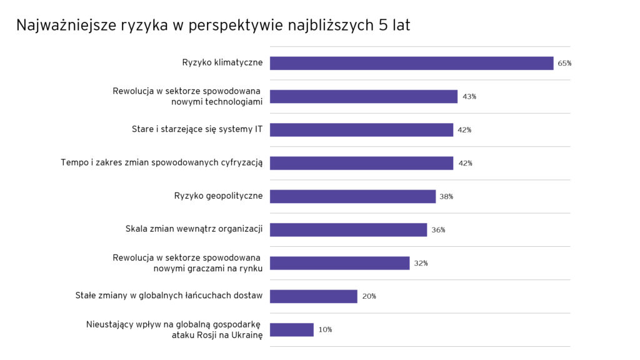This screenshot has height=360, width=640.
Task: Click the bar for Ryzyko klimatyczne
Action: [411, 63]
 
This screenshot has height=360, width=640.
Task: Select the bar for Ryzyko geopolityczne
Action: [352, 196]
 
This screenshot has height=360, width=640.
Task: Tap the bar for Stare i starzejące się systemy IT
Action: [361, 130]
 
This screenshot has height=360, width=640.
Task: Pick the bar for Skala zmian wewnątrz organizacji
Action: [348, 230]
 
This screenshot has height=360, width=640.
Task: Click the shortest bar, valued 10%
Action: [291, 329]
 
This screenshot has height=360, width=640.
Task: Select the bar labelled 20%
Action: [313, 296]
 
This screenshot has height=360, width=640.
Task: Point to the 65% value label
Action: [564, 63]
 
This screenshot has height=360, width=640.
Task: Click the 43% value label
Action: [469, 97]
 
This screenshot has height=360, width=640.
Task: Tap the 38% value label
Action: [446, 196]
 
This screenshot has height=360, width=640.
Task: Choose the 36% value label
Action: [438, 230]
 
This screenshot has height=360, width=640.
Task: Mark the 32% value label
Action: [421, 263]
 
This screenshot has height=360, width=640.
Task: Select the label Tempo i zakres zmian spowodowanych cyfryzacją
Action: [161, 162]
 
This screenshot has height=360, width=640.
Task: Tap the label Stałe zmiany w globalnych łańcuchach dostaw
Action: [169, 296]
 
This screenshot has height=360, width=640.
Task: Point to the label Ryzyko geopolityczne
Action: [218, 196]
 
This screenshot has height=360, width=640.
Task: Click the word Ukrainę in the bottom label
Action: [246, 334]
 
